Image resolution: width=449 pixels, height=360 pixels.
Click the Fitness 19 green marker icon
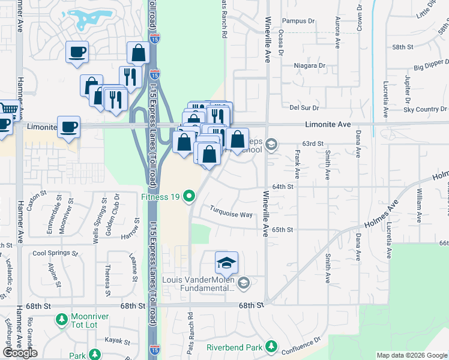[x=189, y=196]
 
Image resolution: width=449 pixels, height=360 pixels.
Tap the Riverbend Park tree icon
[x=271, y=347]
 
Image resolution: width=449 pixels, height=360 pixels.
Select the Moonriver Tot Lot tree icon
[x=61, y=320]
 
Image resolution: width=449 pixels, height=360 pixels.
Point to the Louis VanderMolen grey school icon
[x=243, y=283]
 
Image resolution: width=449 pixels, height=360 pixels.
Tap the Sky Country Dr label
[x=425, y=109]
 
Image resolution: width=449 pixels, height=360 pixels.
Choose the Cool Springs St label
[x=55, y=253]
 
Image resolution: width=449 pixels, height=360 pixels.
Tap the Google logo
[x=20, y=353]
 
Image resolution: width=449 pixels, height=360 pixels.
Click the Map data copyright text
[x=412, y=355]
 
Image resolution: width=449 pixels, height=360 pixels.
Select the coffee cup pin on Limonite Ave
[x=69, y=128]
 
